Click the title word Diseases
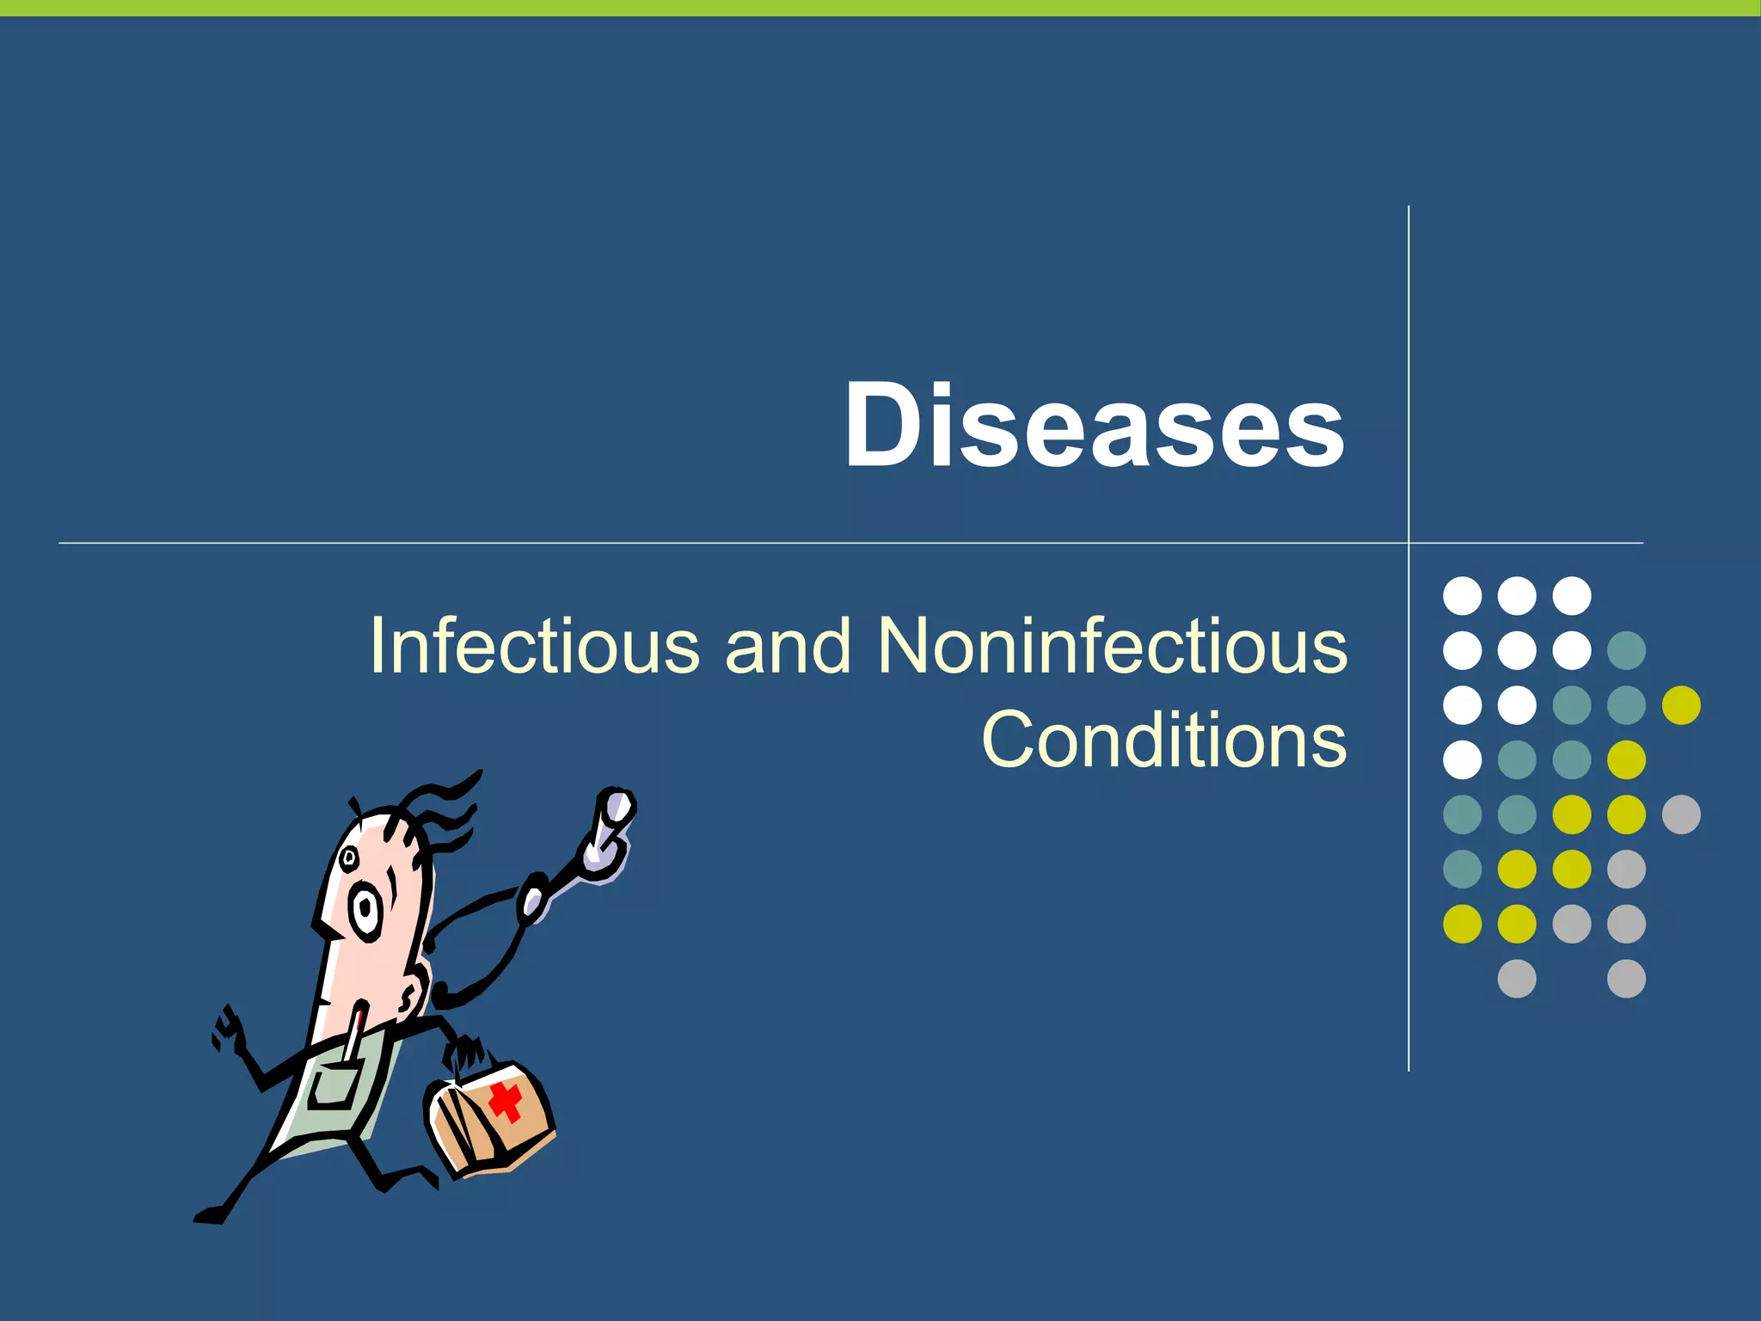[x=1094, y=425]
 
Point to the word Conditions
[x=1164, y=740]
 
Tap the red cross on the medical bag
[x=506, y=1101]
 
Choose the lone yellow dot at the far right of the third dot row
[x=1681, y=705]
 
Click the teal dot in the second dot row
[x=1626, y=650]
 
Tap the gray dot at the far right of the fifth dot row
[x=1681, y=814]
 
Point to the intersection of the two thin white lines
[x=1408, y=543]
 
